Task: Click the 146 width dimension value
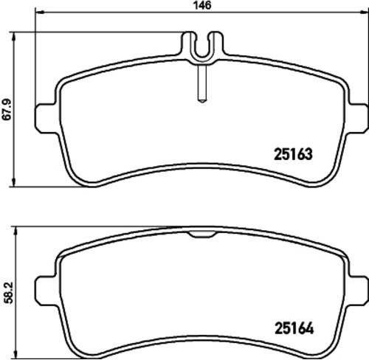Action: pyautogui.click(x=202, y=5)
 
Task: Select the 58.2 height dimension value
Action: pyautogui.click(x=9, y=293)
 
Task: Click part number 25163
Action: pyautogui.click(x=293, y=154)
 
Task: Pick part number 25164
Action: pyautogui.click(x=294, y=328)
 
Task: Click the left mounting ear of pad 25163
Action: pyautogui.click(x=46, y=119)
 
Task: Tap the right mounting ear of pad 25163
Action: pyautogui.click(x=357, y=119)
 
